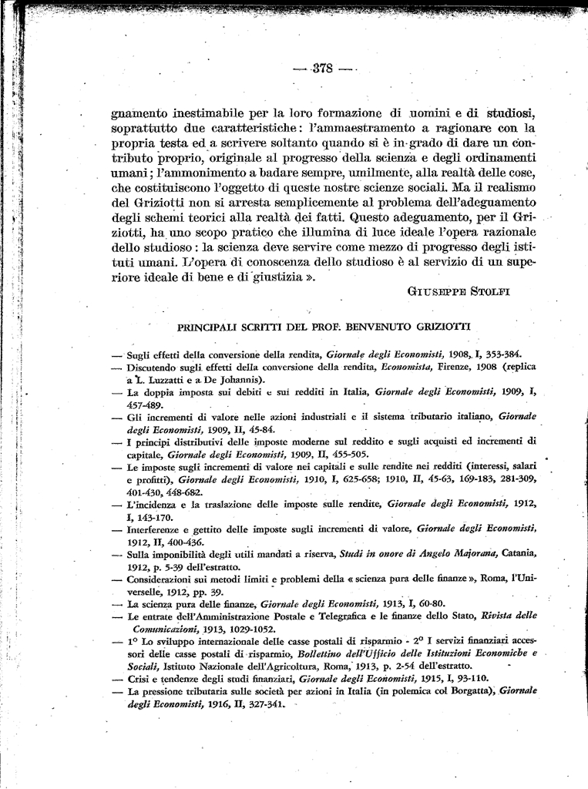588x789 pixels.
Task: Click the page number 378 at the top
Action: (322, 68)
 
